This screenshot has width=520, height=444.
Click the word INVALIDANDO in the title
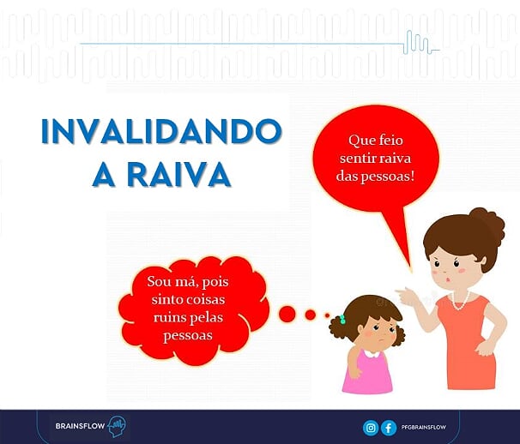(x=161, y=131)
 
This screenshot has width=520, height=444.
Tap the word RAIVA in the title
(x=179, y=174)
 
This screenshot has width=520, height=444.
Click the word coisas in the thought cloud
(x=206, y=300)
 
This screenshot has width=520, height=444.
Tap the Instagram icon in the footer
(x=371, y=428)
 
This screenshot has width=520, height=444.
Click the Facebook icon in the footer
(x=389, y=428)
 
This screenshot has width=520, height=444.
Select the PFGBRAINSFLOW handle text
(x=424, y=428)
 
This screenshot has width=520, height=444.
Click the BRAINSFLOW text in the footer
(x=81, y=426)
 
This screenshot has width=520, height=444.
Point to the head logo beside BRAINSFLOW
(x=117, y=426)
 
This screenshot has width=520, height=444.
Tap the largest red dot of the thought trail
(x=287, y=314)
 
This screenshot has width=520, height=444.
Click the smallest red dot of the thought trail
(x=327, y=315)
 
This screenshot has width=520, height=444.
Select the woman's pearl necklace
(x=460, y=301)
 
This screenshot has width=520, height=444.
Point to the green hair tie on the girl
(x=342, y=320)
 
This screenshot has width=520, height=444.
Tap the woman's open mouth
(x=449, y=279)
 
